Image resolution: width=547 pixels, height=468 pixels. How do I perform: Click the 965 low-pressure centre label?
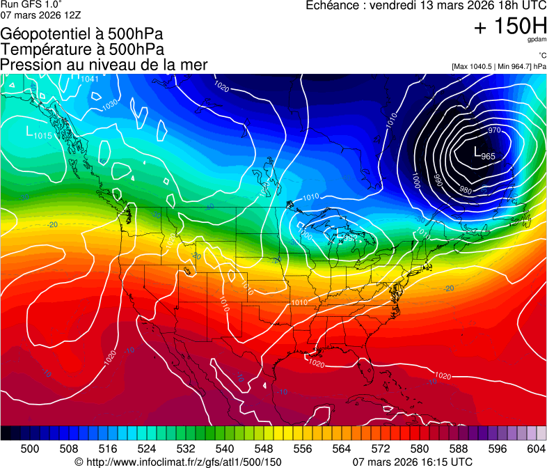pos(488,156)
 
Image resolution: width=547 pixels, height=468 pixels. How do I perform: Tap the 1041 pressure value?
pos(90,79)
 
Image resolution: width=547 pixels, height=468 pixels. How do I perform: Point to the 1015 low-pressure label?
pos(42,135)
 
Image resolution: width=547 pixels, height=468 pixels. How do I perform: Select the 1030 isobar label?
pos(110,105)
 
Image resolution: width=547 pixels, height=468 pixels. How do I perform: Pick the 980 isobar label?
pos(466,190)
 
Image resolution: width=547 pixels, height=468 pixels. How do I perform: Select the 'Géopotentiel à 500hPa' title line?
pos(82,33)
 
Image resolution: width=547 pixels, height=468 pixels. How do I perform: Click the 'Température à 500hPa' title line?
pos(82,49)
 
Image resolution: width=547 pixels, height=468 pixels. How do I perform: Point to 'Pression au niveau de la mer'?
pos(104,65)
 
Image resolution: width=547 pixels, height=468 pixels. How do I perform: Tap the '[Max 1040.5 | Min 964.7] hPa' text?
pos(499,66)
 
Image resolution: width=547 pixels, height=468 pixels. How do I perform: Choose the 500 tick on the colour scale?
pos(30,448)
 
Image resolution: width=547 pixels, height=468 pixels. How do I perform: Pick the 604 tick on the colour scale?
pos(537,448)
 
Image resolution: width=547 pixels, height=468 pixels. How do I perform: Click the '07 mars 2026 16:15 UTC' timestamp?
pos(413,462)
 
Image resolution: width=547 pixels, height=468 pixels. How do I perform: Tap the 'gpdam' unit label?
pos(537,40)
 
